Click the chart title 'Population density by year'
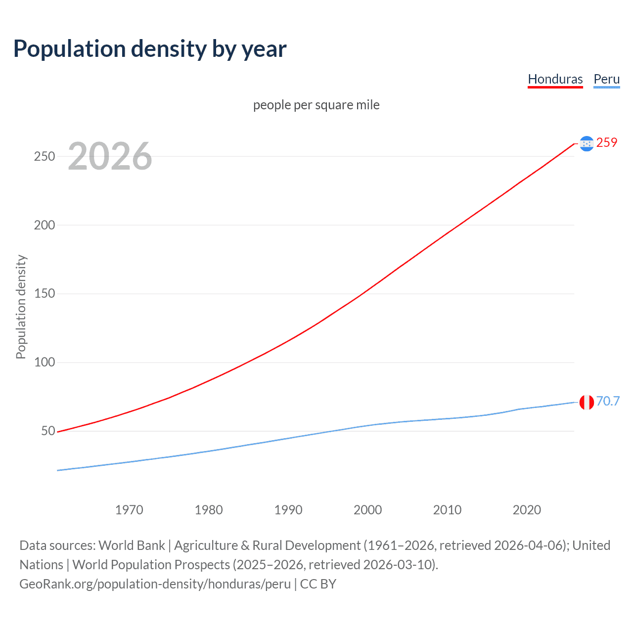tap(150, 49)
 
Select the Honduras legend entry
tap(555, 79)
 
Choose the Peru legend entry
tap(606, 79)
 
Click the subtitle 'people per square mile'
tap(316, 105)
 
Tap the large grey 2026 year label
tap(110, 156)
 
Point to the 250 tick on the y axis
tap(45, 156)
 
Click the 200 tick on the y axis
tap(45, 225)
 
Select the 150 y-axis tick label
tap(45, 294)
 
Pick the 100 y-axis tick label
tap(45, 362)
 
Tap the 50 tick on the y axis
tap(48, 431)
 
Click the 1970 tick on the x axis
tap(129, 510)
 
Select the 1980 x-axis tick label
tap(209, 510)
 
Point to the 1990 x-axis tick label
tap(288, 510)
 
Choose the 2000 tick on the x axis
tap(367, 510)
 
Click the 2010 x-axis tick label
tap(447, 510)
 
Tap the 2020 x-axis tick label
tap(527, 510)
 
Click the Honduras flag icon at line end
tap(587, 143)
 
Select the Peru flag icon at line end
tap(587, 402)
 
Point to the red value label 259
tap(607, 143)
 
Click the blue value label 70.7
tap(608, 401)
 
